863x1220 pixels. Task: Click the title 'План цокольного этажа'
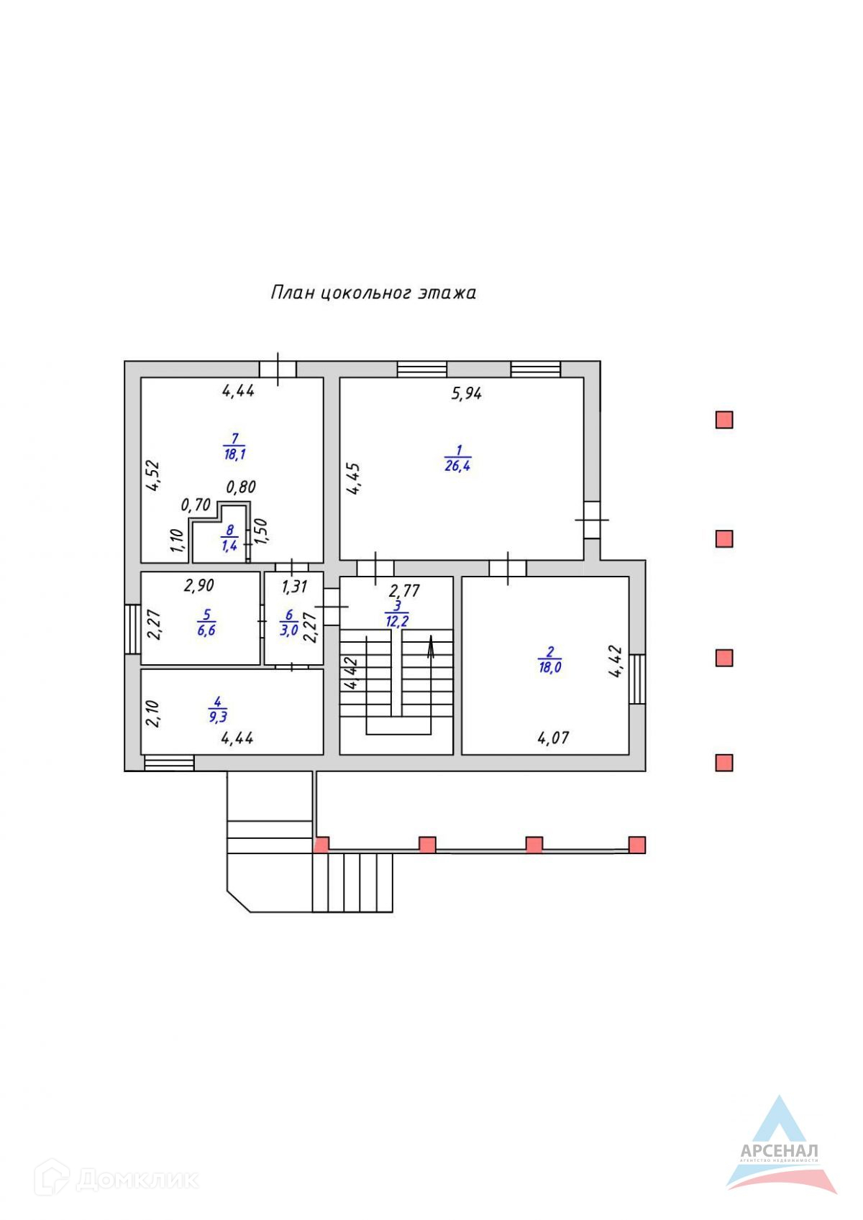pyautogui.click(x=373, y=293)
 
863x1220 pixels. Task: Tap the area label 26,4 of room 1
pyautogui.click(x=458, y=465)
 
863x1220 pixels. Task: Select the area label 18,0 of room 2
pyautogui.click(x=550, y=667)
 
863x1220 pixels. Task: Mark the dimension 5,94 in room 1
pyautogui.click(x=466, y=393)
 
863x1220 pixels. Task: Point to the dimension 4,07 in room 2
pyautogui.click(x=554, y=738)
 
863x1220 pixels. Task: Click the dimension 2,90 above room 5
pyautogui.click(x=198, y=586)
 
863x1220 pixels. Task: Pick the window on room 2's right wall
pyautogui.click(x=637, y=679)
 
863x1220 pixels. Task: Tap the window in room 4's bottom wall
pyautogui.click(x=169, y=763)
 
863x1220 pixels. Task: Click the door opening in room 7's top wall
pyautogui.click(x=278, y=369)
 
